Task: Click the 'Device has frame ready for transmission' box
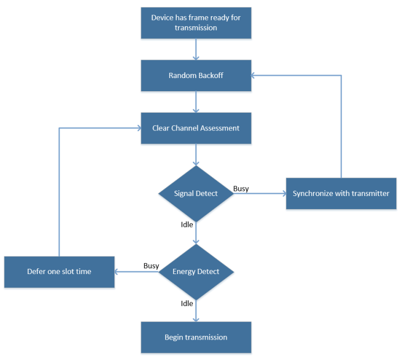196,23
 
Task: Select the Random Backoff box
196,75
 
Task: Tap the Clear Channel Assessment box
196,128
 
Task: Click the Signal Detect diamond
196,193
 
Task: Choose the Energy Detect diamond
196,271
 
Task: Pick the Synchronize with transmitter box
341,193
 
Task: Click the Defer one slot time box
59,271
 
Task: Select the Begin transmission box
196,337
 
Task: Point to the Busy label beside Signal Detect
241,188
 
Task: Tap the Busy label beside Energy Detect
151,266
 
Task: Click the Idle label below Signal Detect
187,224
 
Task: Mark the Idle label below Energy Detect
187,303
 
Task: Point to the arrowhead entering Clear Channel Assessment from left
137,128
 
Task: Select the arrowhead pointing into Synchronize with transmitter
283,193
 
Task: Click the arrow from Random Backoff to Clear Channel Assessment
196,102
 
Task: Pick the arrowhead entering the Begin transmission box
196,319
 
